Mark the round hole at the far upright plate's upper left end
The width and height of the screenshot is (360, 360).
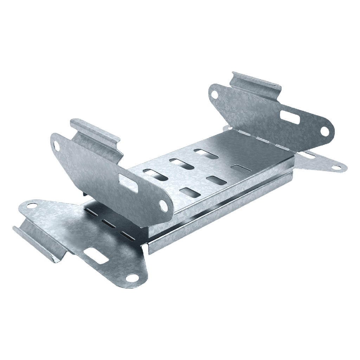point(213,93)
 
